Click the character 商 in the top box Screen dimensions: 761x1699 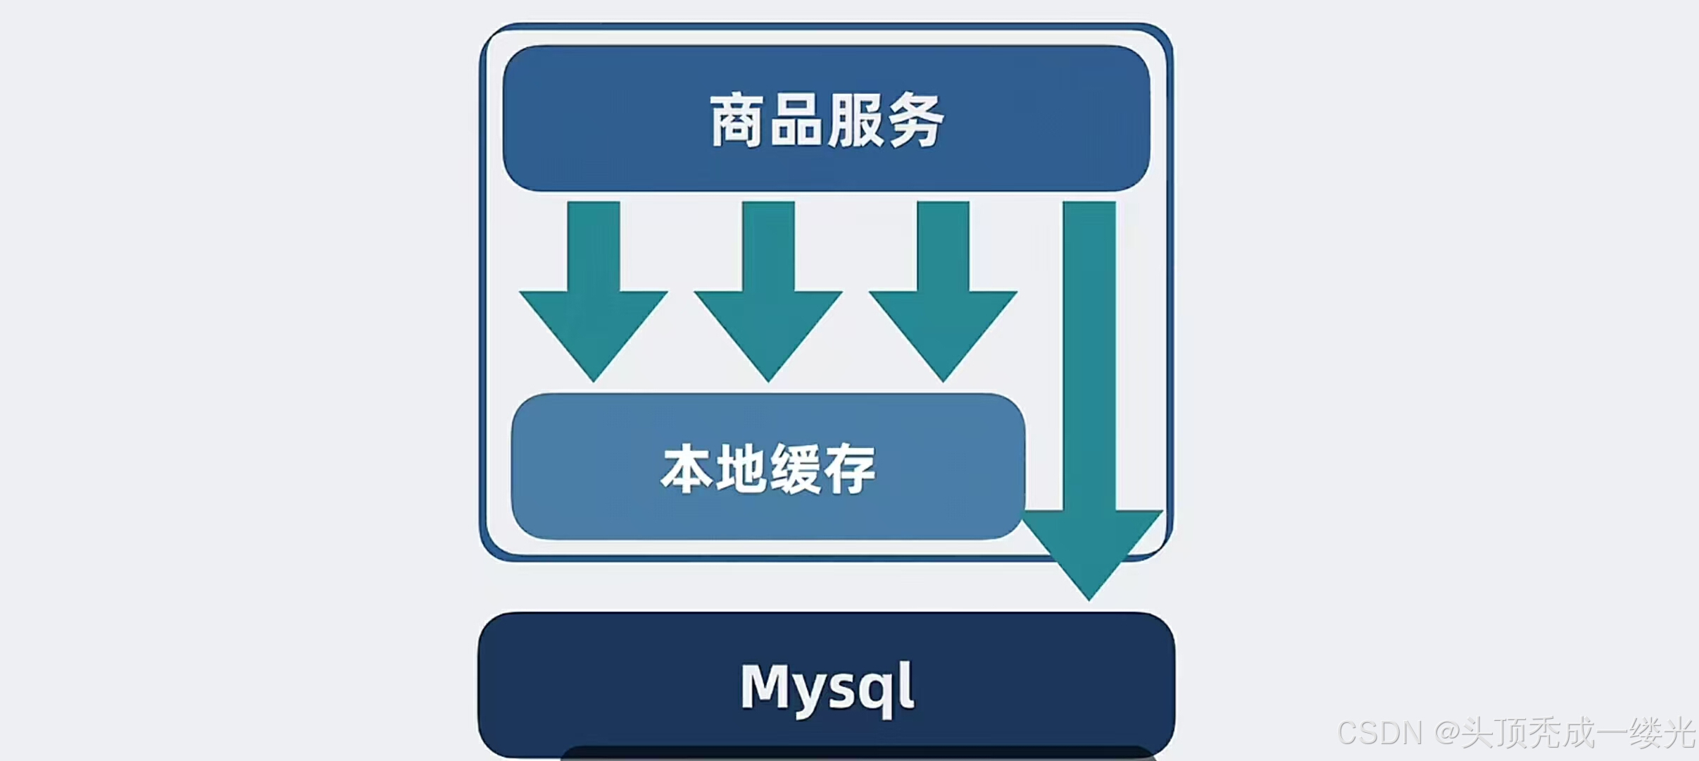tap(736, 120)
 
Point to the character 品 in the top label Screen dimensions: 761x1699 tap(796, 120)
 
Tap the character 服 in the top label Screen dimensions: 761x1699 tap(855, 120)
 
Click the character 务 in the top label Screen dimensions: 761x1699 tap(915, 120)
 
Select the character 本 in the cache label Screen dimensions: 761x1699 tap(687, 469)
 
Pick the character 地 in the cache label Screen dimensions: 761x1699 tap(741, 469)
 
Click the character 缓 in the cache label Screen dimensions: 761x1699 tap(796, 469)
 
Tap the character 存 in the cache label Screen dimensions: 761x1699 tap(851, 469)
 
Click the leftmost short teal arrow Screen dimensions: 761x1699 tap(594, 296)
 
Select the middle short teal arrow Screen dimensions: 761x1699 tap(768, 296)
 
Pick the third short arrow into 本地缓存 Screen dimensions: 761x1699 tap(943, 296)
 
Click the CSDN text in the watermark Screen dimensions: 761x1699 tap(1379, 734)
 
